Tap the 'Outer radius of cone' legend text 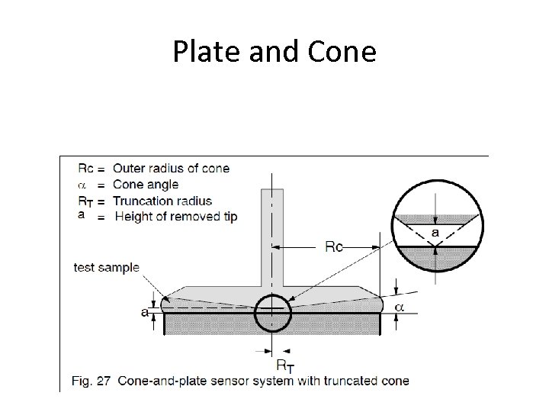(170, 168)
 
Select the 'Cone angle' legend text (145, 184)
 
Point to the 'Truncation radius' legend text (162, 201)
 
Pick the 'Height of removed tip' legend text (175, 217)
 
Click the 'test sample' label (106, 267)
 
